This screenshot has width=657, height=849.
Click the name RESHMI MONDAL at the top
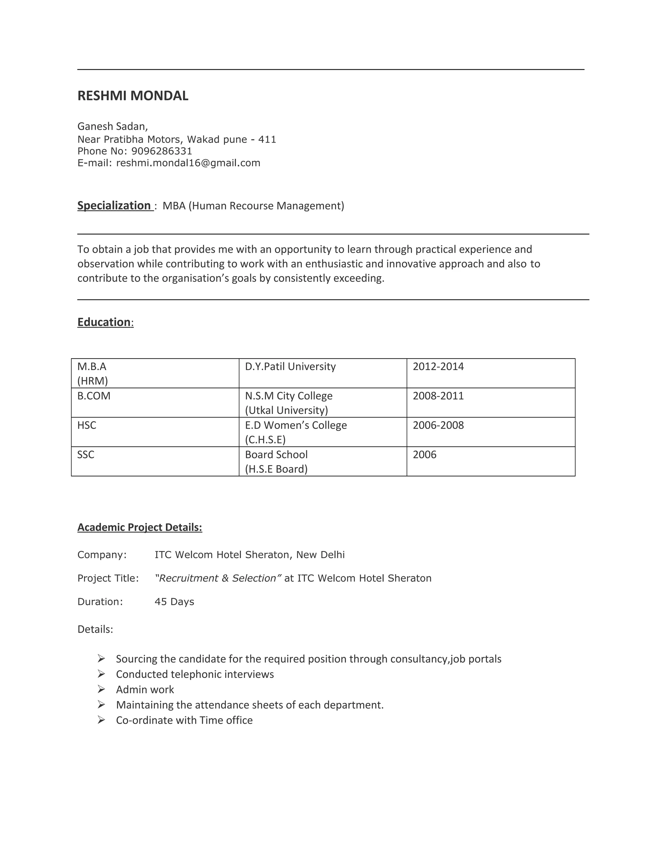(133, 95)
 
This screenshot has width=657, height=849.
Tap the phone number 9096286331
(162, 151)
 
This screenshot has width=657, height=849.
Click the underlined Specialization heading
(114, 205)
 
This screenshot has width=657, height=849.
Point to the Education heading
(104, 322)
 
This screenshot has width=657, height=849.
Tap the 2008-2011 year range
(438, 396)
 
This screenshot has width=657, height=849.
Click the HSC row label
(87, 425)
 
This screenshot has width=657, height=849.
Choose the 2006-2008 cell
(438, 425)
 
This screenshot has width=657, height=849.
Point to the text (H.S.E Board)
(276, 469)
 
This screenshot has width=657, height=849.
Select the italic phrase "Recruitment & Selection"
(218, 578)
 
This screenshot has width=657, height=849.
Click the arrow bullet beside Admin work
(101, 689)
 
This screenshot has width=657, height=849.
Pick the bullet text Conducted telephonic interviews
(195, 674)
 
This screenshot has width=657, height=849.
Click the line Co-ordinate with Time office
(184, 720)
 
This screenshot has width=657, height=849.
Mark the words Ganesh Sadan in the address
(112, 126)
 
